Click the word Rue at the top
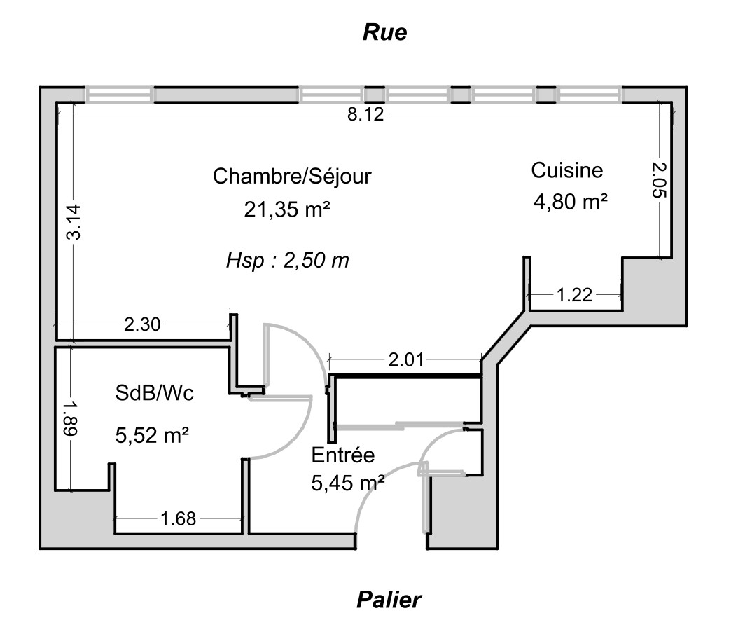tap(384, 33)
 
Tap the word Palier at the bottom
tap(389, 600)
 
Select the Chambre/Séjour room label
tap(291, 176)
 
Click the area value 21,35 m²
tap(287, 209)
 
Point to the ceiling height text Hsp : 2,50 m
tap(287, 261)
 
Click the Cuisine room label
tap(567, 170)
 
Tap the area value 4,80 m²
tap(570, 202)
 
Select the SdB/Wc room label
tap(154, 394)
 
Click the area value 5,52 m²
tap(152, 436)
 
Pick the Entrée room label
tap(343, 455)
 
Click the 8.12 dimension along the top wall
tap(365, 115)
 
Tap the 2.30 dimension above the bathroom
tap(142, 324)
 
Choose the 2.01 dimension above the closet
tap(406, 360)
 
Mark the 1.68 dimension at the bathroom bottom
tap(179, 518)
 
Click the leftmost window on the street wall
tap(119, 95)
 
